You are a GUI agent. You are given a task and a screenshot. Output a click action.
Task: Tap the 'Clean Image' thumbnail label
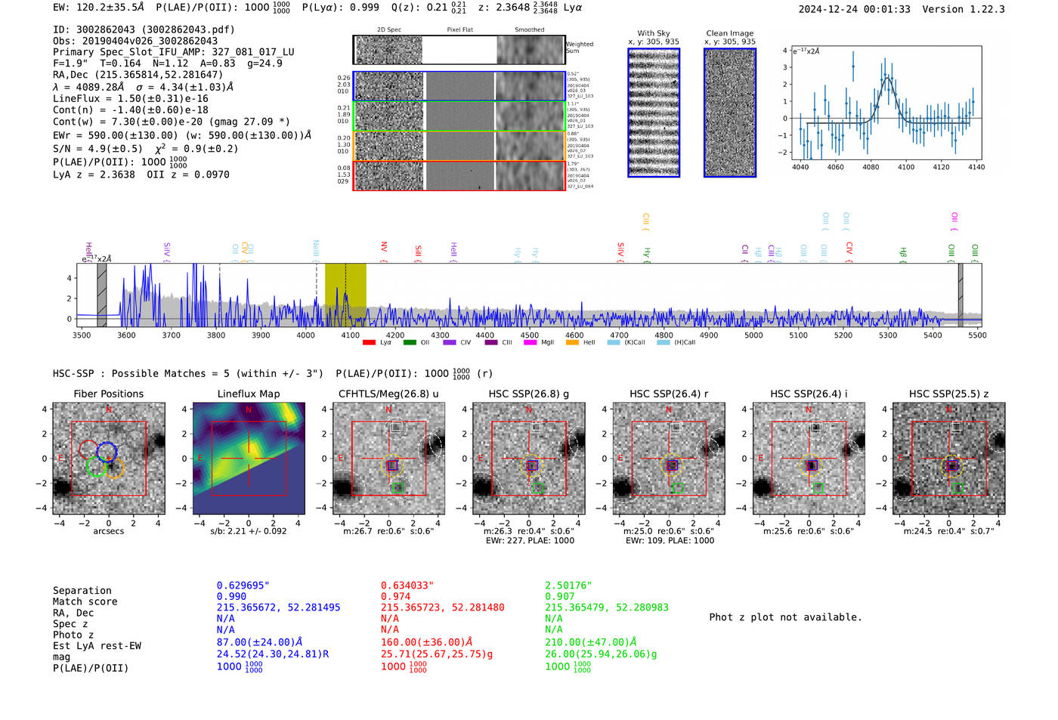point(729,33)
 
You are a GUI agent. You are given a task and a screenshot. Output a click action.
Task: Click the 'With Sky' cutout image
point(654,113)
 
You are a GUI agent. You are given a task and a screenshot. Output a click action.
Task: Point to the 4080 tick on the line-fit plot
point(871,167)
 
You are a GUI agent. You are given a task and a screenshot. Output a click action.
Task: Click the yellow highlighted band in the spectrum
point(345,295)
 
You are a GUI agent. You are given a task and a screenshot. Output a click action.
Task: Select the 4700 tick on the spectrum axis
point(619,335)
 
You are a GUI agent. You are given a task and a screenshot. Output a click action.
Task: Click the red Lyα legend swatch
point(369,343)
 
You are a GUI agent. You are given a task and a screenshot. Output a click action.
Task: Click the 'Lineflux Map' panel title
point(248,394)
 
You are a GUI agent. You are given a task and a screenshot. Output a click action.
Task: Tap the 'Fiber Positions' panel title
point(108,394)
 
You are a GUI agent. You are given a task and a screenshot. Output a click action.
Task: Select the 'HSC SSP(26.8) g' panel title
point(529,394)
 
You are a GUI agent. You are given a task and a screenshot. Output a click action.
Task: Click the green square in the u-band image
point(398,488)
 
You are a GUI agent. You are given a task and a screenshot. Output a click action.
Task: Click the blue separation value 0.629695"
point(243,586)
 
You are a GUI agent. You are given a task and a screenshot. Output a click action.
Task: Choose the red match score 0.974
point(396,597)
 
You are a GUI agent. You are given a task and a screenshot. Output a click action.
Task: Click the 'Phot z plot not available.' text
point(785,617)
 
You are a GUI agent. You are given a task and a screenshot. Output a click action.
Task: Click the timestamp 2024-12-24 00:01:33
point(854,9)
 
